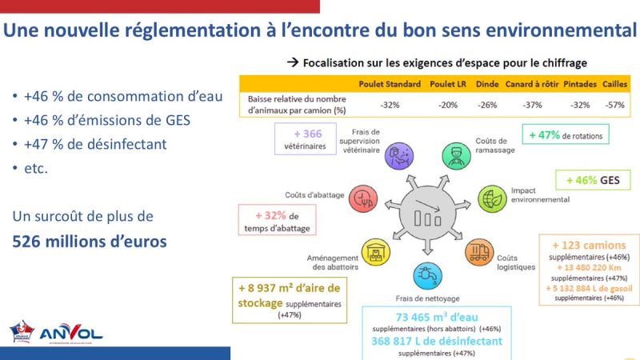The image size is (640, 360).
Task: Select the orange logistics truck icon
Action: click(478, 253)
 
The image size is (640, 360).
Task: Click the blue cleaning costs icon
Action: click(424, 274)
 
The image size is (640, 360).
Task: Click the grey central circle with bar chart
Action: click(425, 214)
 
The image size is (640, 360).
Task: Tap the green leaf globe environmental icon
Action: click(490, 198)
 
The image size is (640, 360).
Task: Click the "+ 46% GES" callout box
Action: click(592, 180)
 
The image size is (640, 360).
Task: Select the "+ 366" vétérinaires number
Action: click(307, 134)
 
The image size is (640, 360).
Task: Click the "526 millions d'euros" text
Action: click(90, 241)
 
